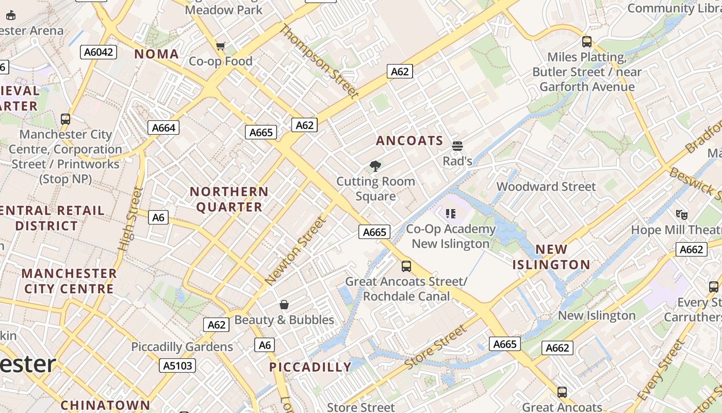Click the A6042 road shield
pyautogui.click(x=99, y=52)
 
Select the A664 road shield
pyautogui.click(x=163, y=128)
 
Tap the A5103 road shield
pyautogui.click(x=177, y=366)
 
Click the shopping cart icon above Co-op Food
pyautogui.click(x=221, y=46)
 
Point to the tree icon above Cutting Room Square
pyautogui.click(x=375, y=166)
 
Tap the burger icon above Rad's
pyautogui.click(x=457, y=146)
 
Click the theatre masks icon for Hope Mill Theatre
pyautogui.click(x=682, y=214)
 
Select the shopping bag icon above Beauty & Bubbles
pyautogui.click(x=284, y=305)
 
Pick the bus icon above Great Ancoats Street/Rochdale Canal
pyautogui.click(x=406, y=266)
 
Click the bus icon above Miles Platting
pyautogui.click(x=587, y=42)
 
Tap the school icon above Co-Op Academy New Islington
pyautogui.click(x=451, y=214)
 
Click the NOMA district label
pyautogui.click(x=157, y=54)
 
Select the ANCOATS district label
pyautogui.click(x=409, y=140)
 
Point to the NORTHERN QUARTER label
pyautogui.click(x=229, y=199)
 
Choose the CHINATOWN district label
pyautogui.click(x=105, y=405)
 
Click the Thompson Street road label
pyautogui.click(x=319, y=61)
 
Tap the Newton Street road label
pyautogui.click(x=296, y=251)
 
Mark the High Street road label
pyautogui.click(x=130, y=219)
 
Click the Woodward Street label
pyautogui.click(x=546, y=186)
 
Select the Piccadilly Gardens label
pyautogui.click(x=182, y=346)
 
